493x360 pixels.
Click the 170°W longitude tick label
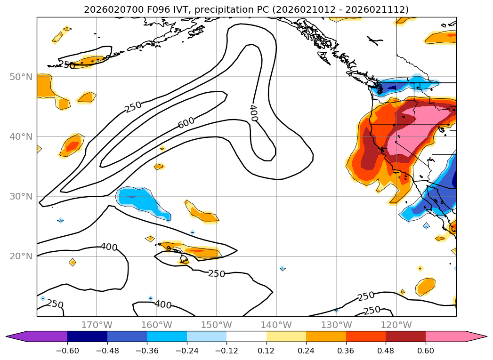[x=97, y=325]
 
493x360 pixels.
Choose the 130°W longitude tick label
[x=336, y=325]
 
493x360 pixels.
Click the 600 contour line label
[x=186, y=123]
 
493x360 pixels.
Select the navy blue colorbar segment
[x=87, y=336]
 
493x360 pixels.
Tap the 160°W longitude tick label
[x=156, y=325]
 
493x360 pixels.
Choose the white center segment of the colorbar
[x=246, y=336]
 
